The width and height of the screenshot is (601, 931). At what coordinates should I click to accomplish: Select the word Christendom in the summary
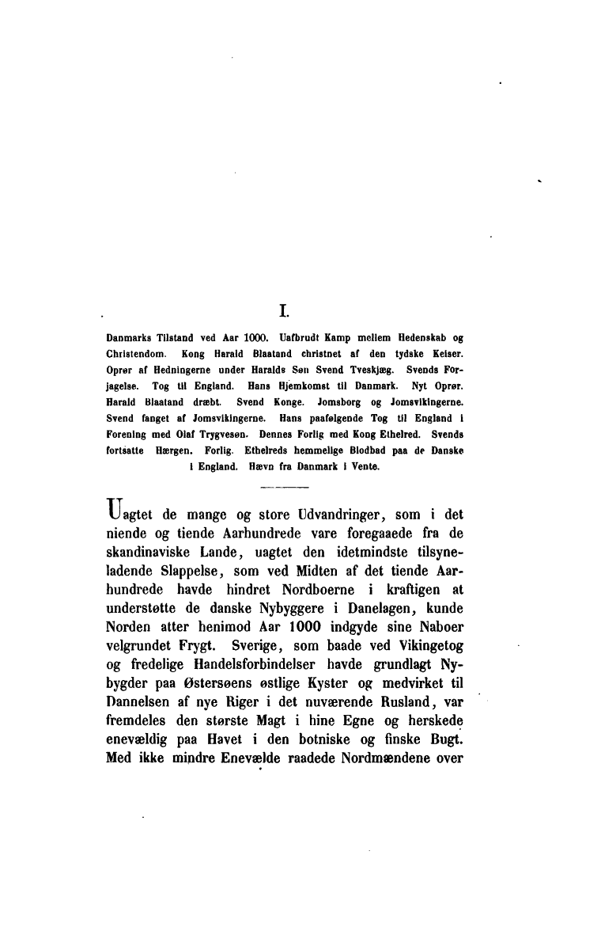[134, 350]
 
